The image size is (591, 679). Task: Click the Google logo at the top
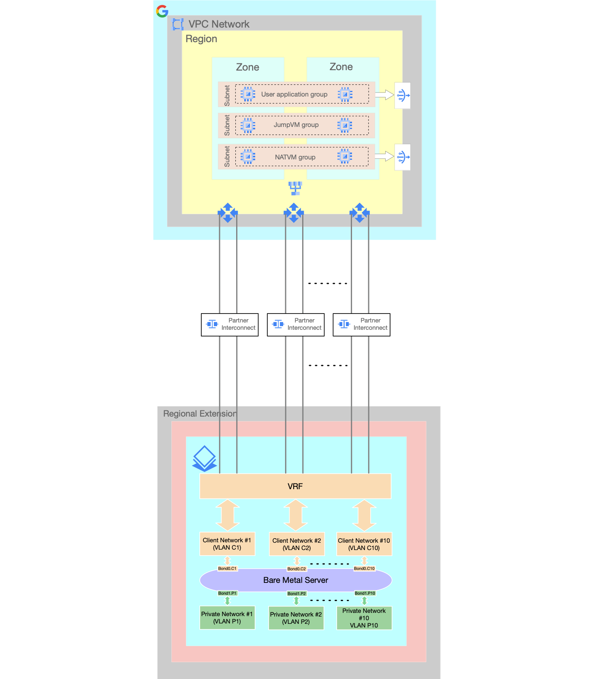(162, 11)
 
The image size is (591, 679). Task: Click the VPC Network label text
(219, 24)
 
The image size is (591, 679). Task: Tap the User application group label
(294, 95)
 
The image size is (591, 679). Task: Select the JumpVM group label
(296, 125)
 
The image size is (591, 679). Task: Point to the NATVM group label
(295, 157)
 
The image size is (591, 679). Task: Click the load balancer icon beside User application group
(402, 96)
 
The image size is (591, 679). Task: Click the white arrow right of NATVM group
(384, 156)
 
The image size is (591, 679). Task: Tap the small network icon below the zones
(295, 188)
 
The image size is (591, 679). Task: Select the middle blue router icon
(294, 213)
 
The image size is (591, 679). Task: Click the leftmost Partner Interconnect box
(230, 324)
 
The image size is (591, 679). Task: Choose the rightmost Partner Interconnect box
(361, 324)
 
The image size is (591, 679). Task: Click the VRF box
(295, 486)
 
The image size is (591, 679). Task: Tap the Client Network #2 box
(297, 544)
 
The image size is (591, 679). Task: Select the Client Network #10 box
(364, 544)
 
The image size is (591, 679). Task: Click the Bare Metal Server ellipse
(296, 580)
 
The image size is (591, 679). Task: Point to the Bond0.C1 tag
(227, 569)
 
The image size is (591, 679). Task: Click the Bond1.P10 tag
(365, 593)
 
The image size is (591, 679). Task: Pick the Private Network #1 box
(227, 618)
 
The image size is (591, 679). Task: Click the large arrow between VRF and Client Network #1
(228, 515)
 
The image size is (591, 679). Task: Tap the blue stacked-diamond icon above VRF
(205, 458)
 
